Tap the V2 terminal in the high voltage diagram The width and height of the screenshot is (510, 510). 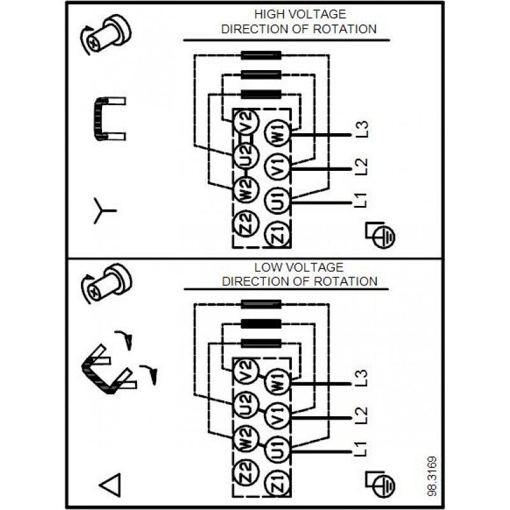(247, 121)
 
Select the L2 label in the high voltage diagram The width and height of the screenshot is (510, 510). (361, 166)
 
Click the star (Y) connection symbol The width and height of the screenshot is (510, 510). (102, 211)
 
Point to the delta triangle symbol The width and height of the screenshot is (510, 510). (110, 486)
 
